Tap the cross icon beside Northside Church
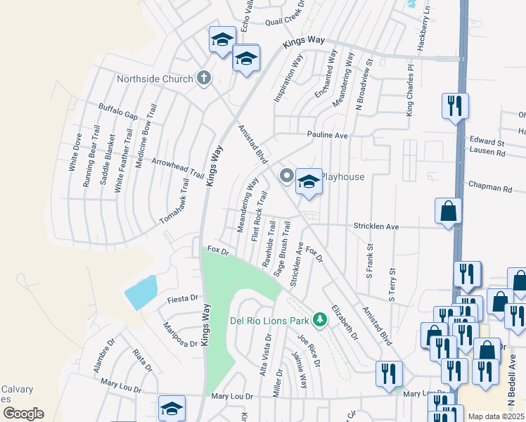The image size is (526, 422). click(204, 77)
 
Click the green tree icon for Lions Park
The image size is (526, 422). click(320, 320)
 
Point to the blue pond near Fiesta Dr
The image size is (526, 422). click(141, 292)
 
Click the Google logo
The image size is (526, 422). click(23, 414)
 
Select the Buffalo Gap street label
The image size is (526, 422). click(117, 111)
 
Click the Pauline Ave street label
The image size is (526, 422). click(327, 134)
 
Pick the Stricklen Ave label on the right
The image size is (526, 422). click(377, 227)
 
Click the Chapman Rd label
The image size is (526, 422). click(489, 188)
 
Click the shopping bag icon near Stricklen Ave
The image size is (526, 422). click(448, 211)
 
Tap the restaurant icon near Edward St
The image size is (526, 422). click(454, 106)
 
